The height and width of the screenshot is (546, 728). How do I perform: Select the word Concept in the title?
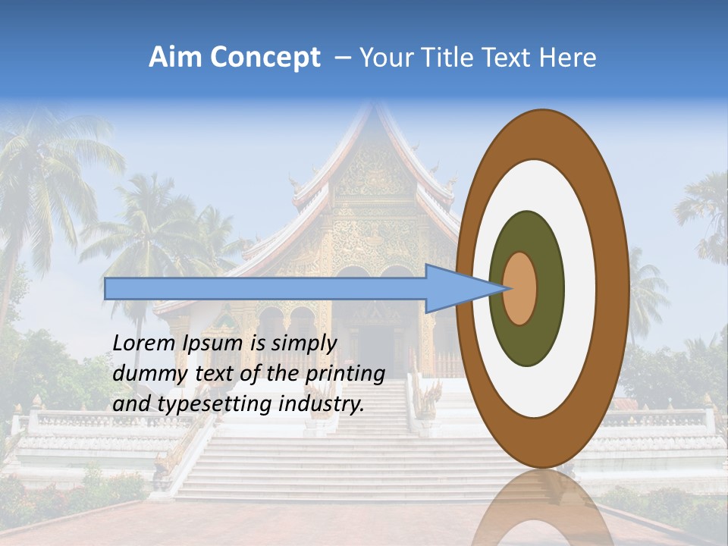(265, 58)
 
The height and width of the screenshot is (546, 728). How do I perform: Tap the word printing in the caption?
(344, 375)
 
